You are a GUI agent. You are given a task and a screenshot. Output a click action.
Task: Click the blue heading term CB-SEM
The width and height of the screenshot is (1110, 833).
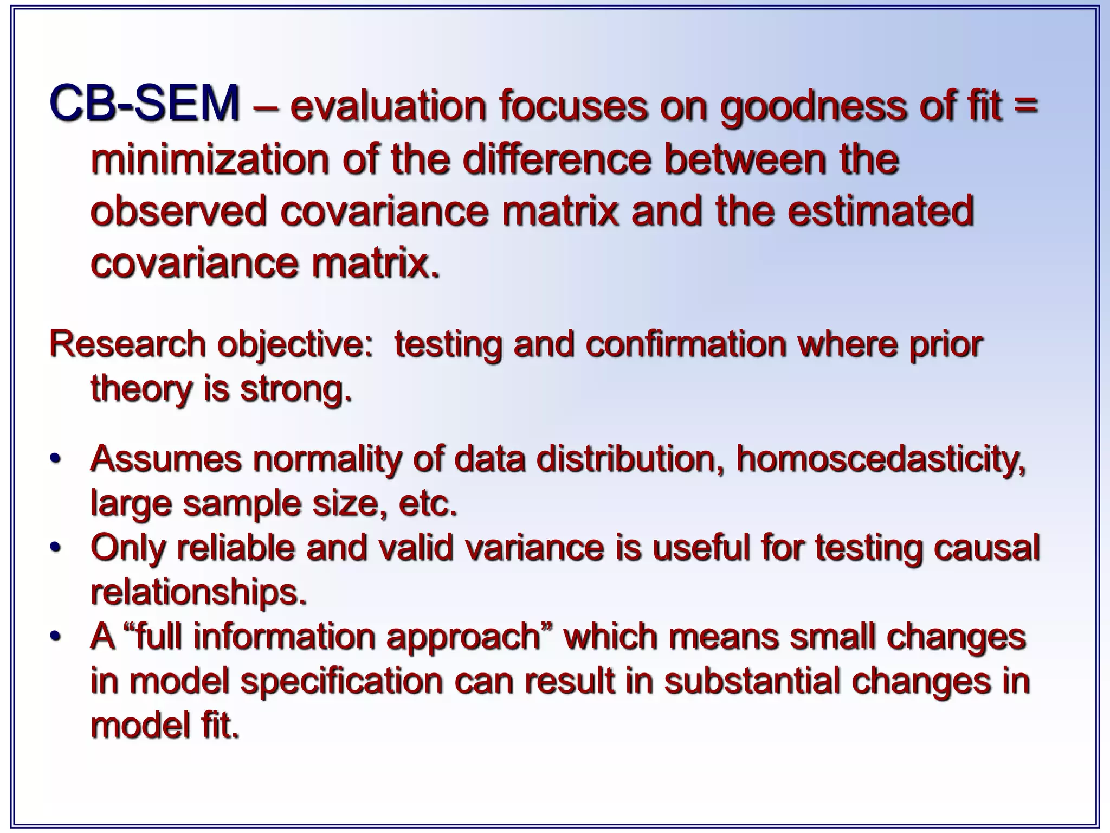144,104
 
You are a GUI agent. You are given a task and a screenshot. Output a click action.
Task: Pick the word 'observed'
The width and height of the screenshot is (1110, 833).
178,212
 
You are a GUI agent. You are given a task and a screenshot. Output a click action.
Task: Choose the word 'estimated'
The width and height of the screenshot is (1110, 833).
880,212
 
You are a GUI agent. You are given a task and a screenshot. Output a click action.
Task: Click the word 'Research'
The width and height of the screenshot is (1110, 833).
127,345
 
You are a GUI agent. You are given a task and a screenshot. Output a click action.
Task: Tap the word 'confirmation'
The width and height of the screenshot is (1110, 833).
686,345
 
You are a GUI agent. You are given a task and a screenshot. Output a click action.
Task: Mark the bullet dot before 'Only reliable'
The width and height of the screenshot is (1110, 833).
54,548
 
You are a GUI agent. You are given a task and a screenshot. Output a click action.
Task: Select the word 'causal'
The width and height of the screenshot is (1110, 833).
986,548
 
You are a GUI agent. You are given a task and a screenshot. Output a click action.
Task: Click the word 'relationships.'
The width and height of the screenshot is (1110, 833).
198,593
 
